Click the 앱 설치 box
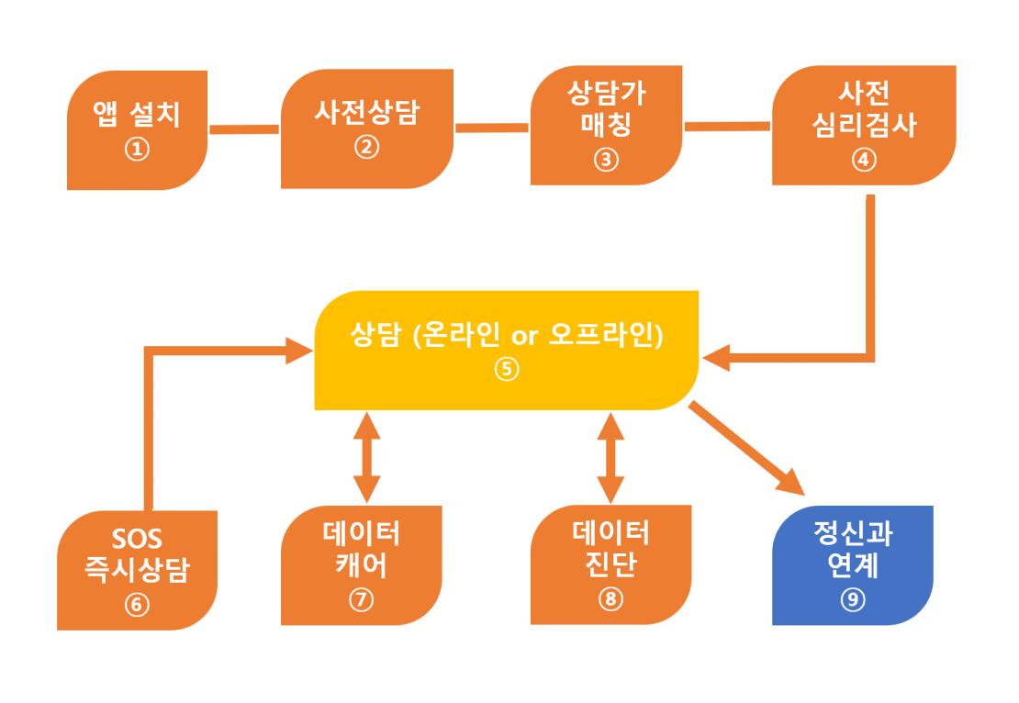tap(137, 130)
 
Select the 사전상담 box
tap(367, 128)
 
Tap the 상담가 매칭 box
tap(606, 126)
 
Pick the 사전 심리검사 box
tap(864, 126)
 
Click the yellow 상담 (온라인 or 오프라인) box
tap(506, 351)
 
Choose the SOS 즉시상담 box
tap(137, 571)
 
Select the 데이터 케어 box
tap(362, 565)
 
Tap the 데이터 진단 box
tap(610, 564)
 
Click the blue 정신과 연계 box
tap(853, 565)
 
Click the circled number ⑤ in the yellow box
tap(506, 369)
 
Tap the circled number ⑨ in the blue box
tap(853, 599)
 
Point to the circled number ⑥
tap(137, 605)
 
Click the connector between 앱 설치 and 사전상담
tap(244, 129)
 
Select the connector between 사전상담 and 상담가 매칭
tap(492, 128)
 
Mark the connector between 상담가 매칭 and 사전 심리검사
tap(727, 126)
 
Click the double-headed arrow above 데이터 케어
tap(366, 457)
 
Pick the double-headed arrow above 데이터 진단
tap(610, 457)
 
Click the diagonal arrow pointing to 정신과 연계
tap(747, 448)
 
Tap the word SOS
tap(137, 540)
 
